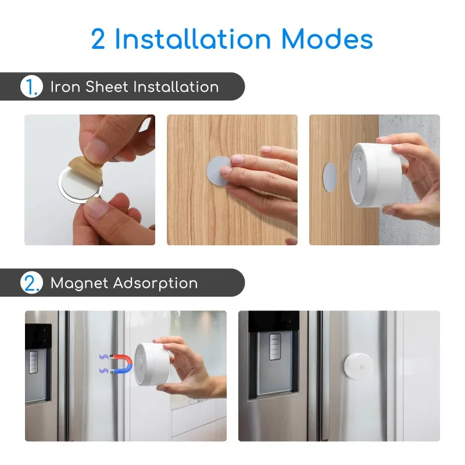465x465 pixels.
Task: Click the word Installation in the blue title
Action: point(193,39)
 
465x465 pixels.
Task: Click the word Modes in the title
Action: point(327,39)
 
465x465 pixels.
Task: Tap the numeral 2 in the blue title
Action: point(98,39)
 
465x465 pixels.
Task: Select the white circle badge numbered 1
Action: point(32,86)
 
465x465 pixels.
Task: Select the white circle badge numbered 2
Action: point(32,282)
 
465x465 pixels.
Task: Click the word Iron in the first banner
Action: point(65,87)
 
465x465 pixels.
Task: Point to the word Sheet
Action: point(107,87)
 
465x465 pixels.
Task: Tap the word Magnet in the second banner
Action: point(79,284)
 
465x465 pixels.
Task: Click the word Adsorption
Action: point(155,284)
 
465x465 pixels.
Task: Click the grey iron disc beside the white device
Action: point(330,177)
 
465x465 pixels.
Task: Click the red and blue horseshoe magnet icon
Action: point(121,364)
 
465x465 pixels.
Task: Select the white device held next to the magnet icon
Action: point(152,364)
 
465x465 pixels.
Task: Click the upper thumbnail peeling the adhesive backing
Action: point(90,180)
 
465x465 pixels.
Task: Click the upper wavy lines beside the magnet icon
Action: point(104,357)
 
